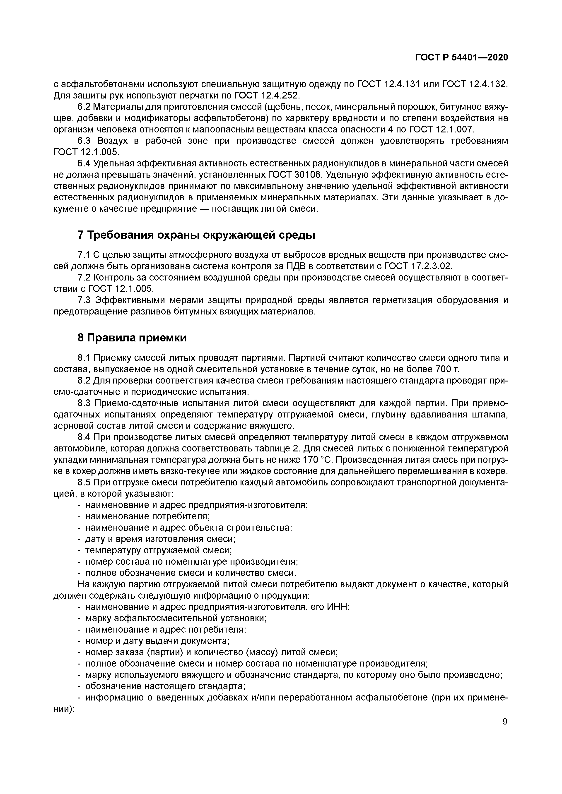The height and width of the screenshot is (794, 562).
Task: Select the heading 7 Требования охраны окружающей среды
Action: click(x=196, y=235)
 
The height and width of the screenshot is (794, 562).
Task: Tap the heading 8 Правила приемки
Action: click(x=132, y=338)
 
